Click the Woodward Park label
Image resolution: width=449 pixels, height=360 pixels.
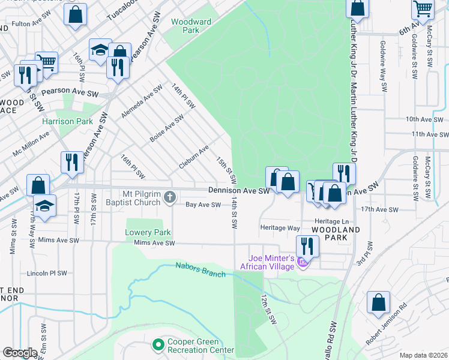191,26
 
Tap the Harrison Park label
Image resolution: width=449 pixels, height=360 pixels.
67,121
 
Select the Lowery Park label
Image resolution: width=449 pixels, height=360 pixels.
148,233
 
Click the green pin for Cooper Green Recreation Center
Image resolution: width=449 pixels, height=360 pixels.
158,345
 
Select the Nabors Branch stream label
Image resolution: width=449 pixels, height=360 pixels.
200,270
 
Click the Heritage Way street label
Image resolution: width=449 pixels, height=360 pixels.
280,228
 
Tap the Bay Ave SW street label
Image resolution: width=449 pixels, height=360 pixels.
203,205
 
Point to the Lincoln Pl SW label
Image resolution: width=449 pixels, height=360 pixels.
47,273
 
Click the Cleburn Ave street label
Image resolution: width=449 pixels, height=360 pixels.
194,157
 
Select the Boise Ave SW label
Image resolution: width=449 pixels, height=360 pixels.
166,128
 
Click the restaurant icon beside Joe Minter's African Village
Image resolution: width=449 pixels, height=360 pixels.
307,245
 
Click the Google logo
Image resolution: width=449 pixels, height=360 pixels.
20,353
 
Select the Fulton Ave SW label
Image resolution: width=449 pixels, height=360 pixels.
29,24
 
